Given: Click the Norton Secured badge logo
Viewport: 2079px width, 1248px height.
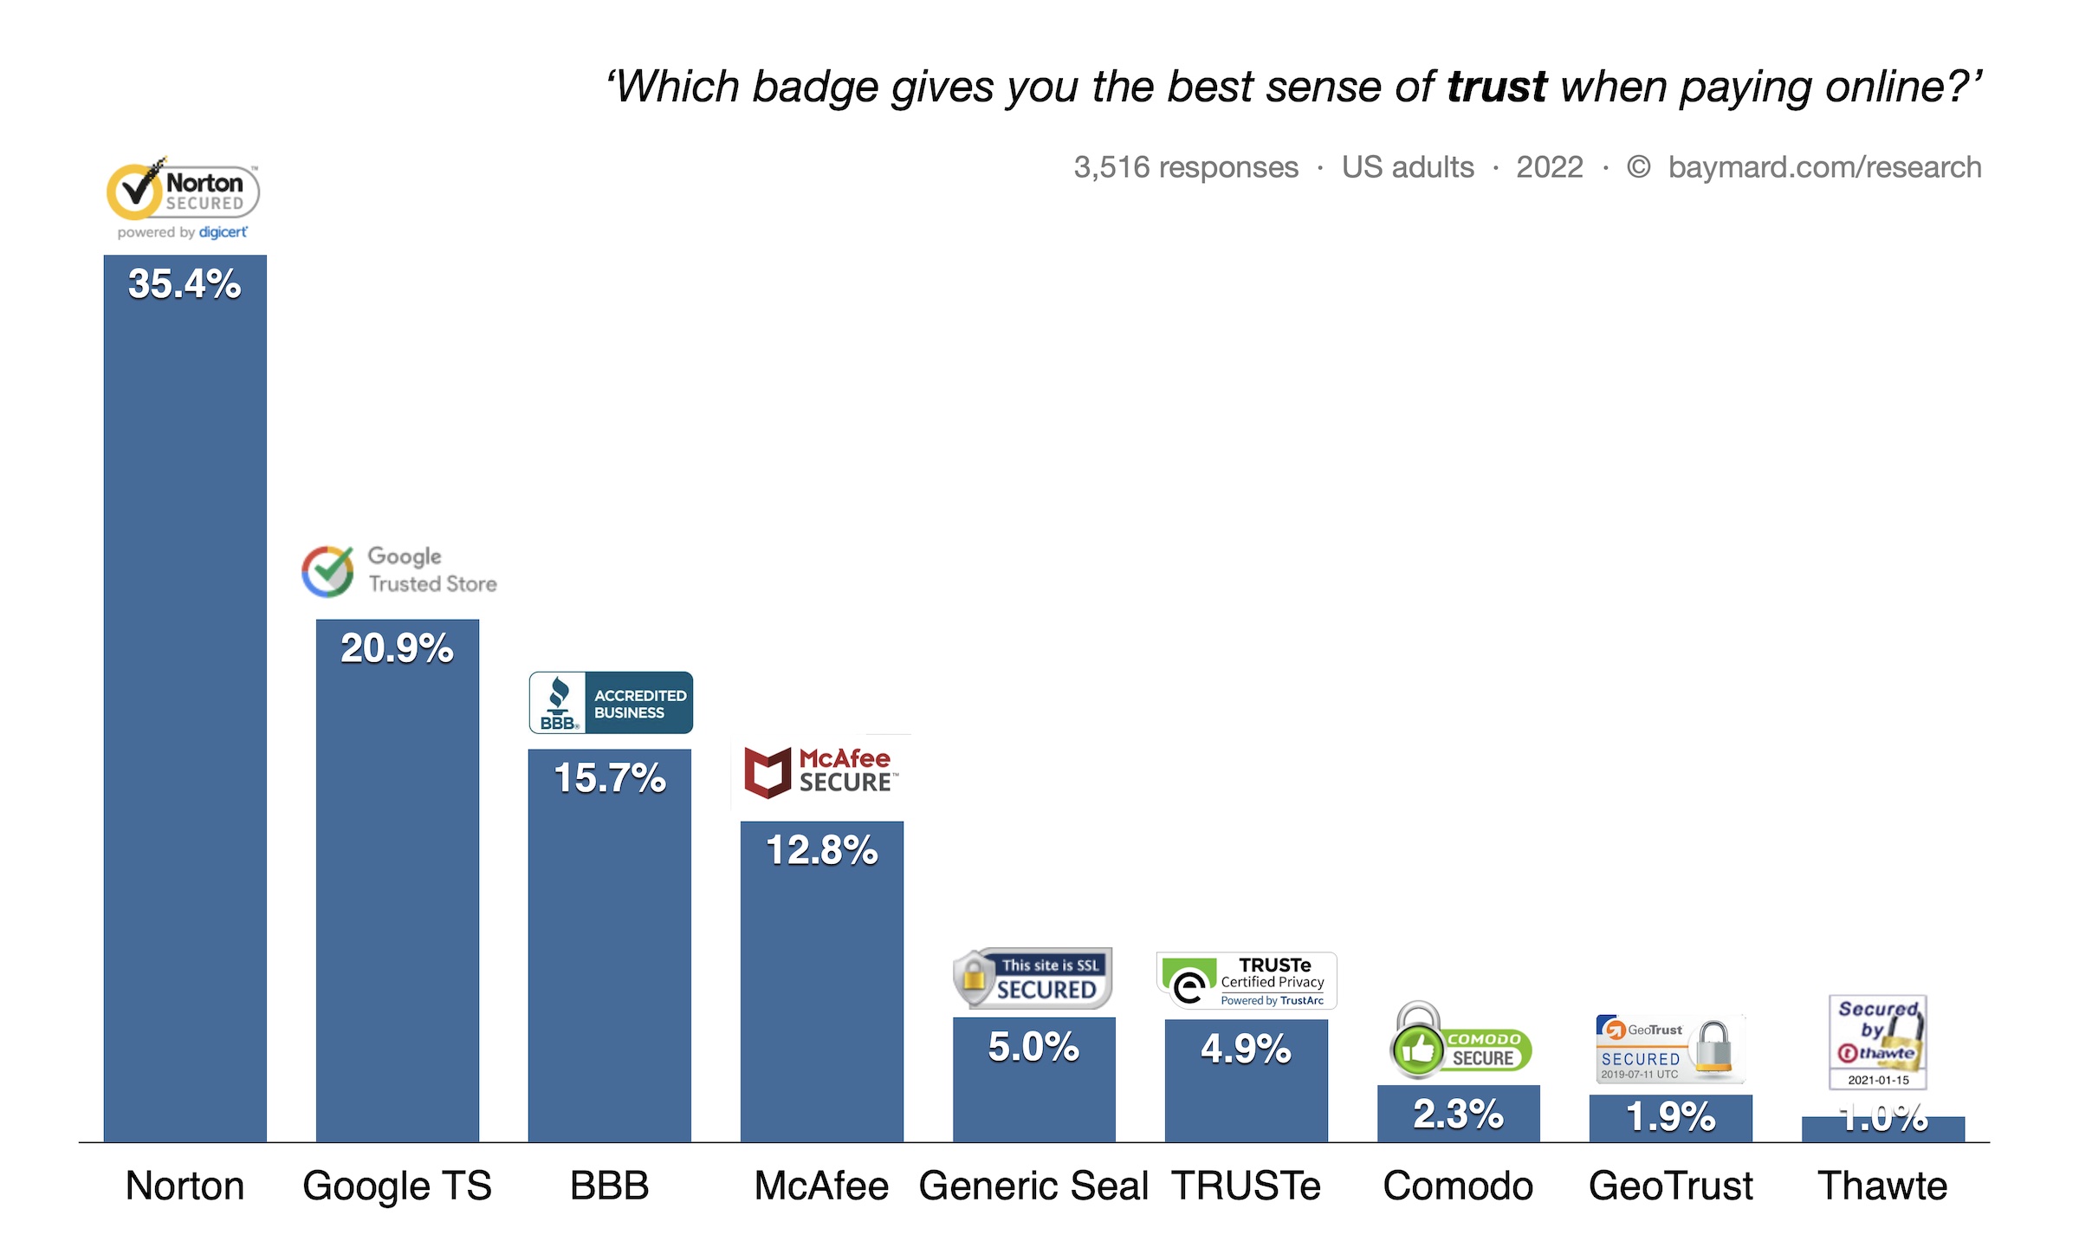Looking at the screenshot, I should click(183, 198).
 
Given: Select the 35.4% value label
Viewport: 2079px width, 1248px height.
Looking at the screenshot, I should click(185, 284).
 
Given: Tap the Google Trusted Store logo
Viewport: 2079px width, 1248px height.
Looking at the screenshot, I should click(399, 571).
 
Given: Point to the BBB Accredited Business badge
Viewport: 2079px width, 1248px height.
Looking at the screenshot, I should click(611, 703).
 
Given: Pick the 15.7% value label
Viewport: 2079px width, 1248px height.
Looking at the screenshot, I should click(610, 778).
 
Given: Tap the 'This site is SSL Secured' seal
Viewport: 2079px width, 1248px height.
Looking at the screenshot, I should click(1033, 978).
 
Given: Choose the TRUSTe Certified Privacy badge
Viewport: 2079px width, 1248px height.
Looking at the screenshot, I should click(1247, 981).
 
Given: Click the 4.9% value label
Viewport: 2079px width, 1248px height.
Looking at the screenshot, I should click(1246, 1049).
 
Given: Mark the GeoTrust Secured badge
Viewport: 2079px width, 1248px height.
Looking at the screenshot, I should click(1669, 1048).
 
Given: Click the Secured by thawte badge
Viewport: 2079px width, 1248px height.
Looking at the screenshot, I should click(1878, 1042).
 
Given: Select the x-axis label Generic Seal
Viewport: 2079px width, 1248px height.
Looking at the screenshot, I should click(1033, 1186).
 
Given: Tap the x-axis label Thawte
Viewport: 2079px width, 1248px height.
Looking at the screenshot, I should click(1882, 1186).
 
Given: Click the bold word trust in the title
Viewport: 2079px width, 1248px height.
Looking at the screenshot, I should click(1497, 88).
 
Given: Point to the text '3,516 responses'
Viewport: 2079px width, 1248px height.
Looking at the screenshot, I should click(1186, 167).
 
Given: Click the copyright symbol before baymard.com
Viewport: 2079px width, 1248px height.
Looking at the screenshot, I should click(1638, 166).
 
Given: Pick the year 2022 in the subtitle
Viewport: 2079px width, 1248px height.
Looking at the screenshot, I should click(1549, 167).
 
